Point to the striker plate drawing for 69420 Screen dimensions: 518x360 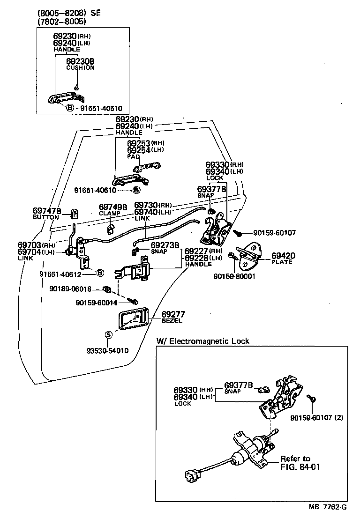tap(251, 256)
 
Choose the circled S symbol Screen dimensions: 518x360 tap(108, 334)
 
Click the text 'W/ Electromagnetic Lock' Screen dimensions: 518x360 tap(202, 341)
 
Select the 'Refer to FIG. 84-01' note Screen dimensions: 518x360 tap(300, 463)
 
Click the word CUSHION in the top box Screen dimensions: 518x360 tap(80, 68)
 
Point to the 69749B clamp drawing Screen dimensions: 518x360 tap(111, 229)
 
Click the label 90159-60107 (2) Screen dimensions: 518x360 tap(316, 417)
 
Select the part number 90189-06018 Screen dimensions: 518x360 tap(70, 289)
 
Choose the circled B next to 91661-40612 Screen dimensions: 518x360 tap(99, 272)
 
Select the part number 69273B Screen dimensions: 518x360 tap(165, 245)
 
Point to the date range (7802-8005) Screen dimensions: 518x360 tap(60, 21)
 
